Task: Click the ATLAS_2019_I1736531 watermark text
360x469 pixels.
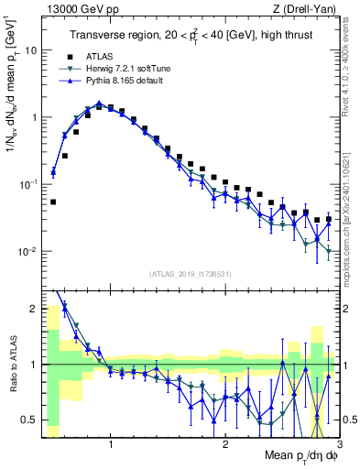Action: (x=190, y=273)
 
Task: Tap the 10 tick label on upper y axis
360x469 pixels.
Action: (x=29, y=50)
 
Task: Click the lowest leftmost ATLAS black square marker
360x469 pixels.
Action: (x=53, y=202)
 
